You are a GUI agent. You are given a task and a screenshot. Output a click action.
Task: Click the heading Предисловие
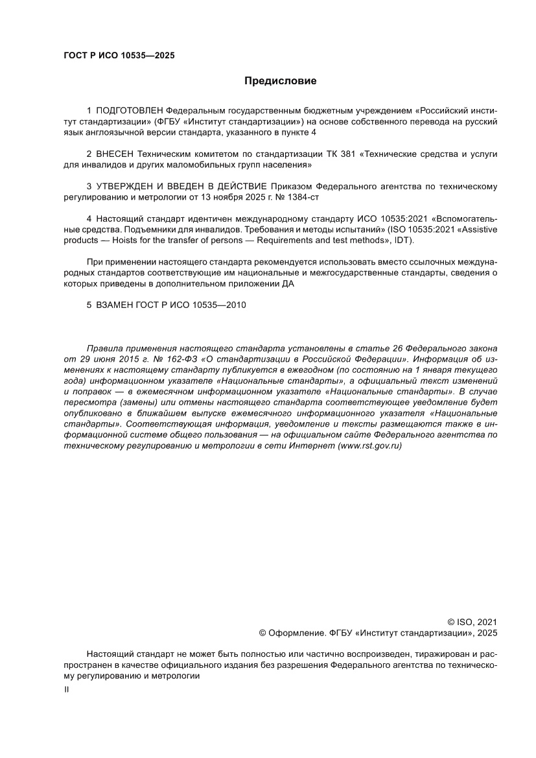(x=280, y=82)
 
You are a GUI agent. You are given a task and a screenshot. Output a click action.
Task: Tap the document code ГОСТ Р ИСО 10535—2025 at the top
(x=119, y=56)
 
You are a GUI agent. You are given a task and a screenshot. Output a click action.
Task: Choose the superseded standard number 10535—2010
(x=219, y=305)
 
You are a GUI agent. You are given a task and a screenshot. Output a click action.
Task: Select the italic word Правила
(x=105, y=349)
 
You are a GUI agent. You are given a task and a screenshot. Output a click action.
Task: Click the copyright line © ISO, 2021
(x=472, y=621)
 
